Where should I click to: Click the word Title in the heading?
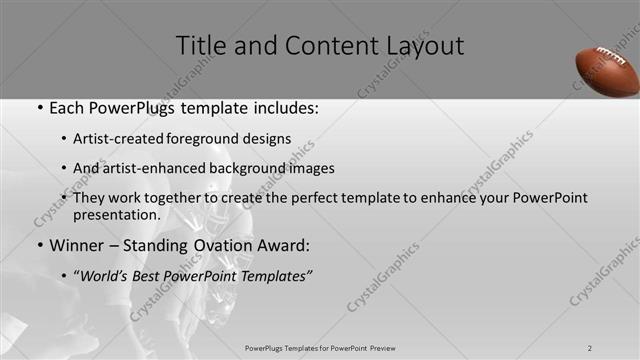(x=203, y=46)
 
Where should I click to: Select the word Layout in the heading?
(x=427, y=46)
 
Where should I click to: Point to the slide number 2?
(x=590, y=348)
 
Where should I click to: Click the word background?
(x=248, y=168)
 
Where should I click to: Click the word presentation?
(x=116, y=214)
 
